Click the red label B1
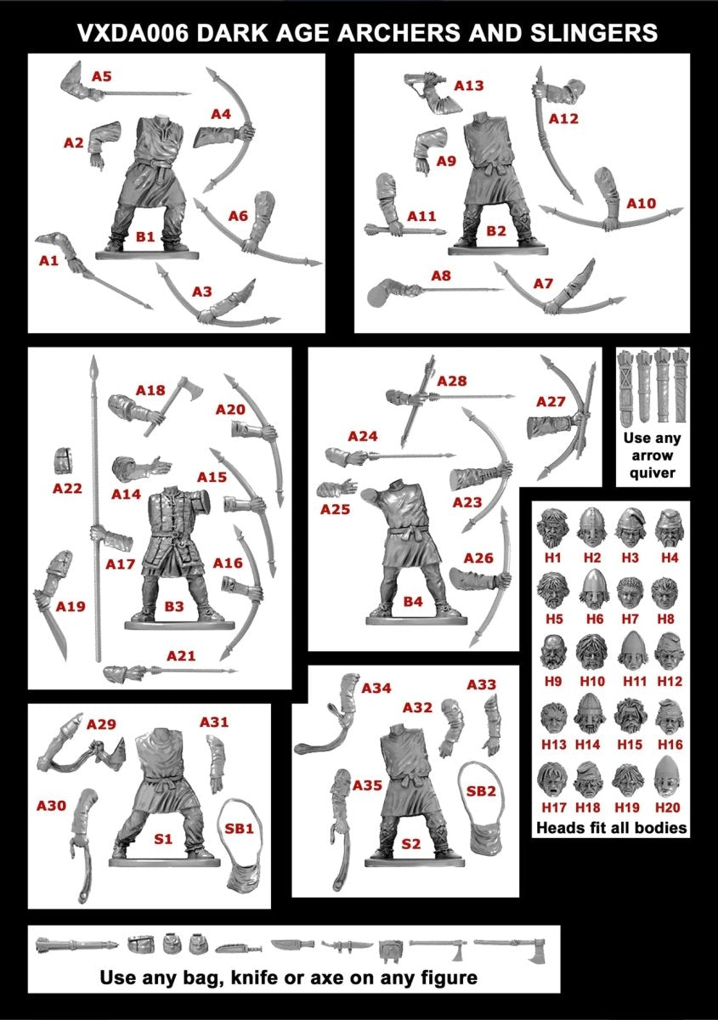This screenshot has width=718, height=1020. [x=145, y=237]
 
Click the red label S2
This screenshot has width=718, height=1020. [x=410, y=844]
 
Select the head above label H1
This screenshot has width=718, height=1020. [x=552, y=526]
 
